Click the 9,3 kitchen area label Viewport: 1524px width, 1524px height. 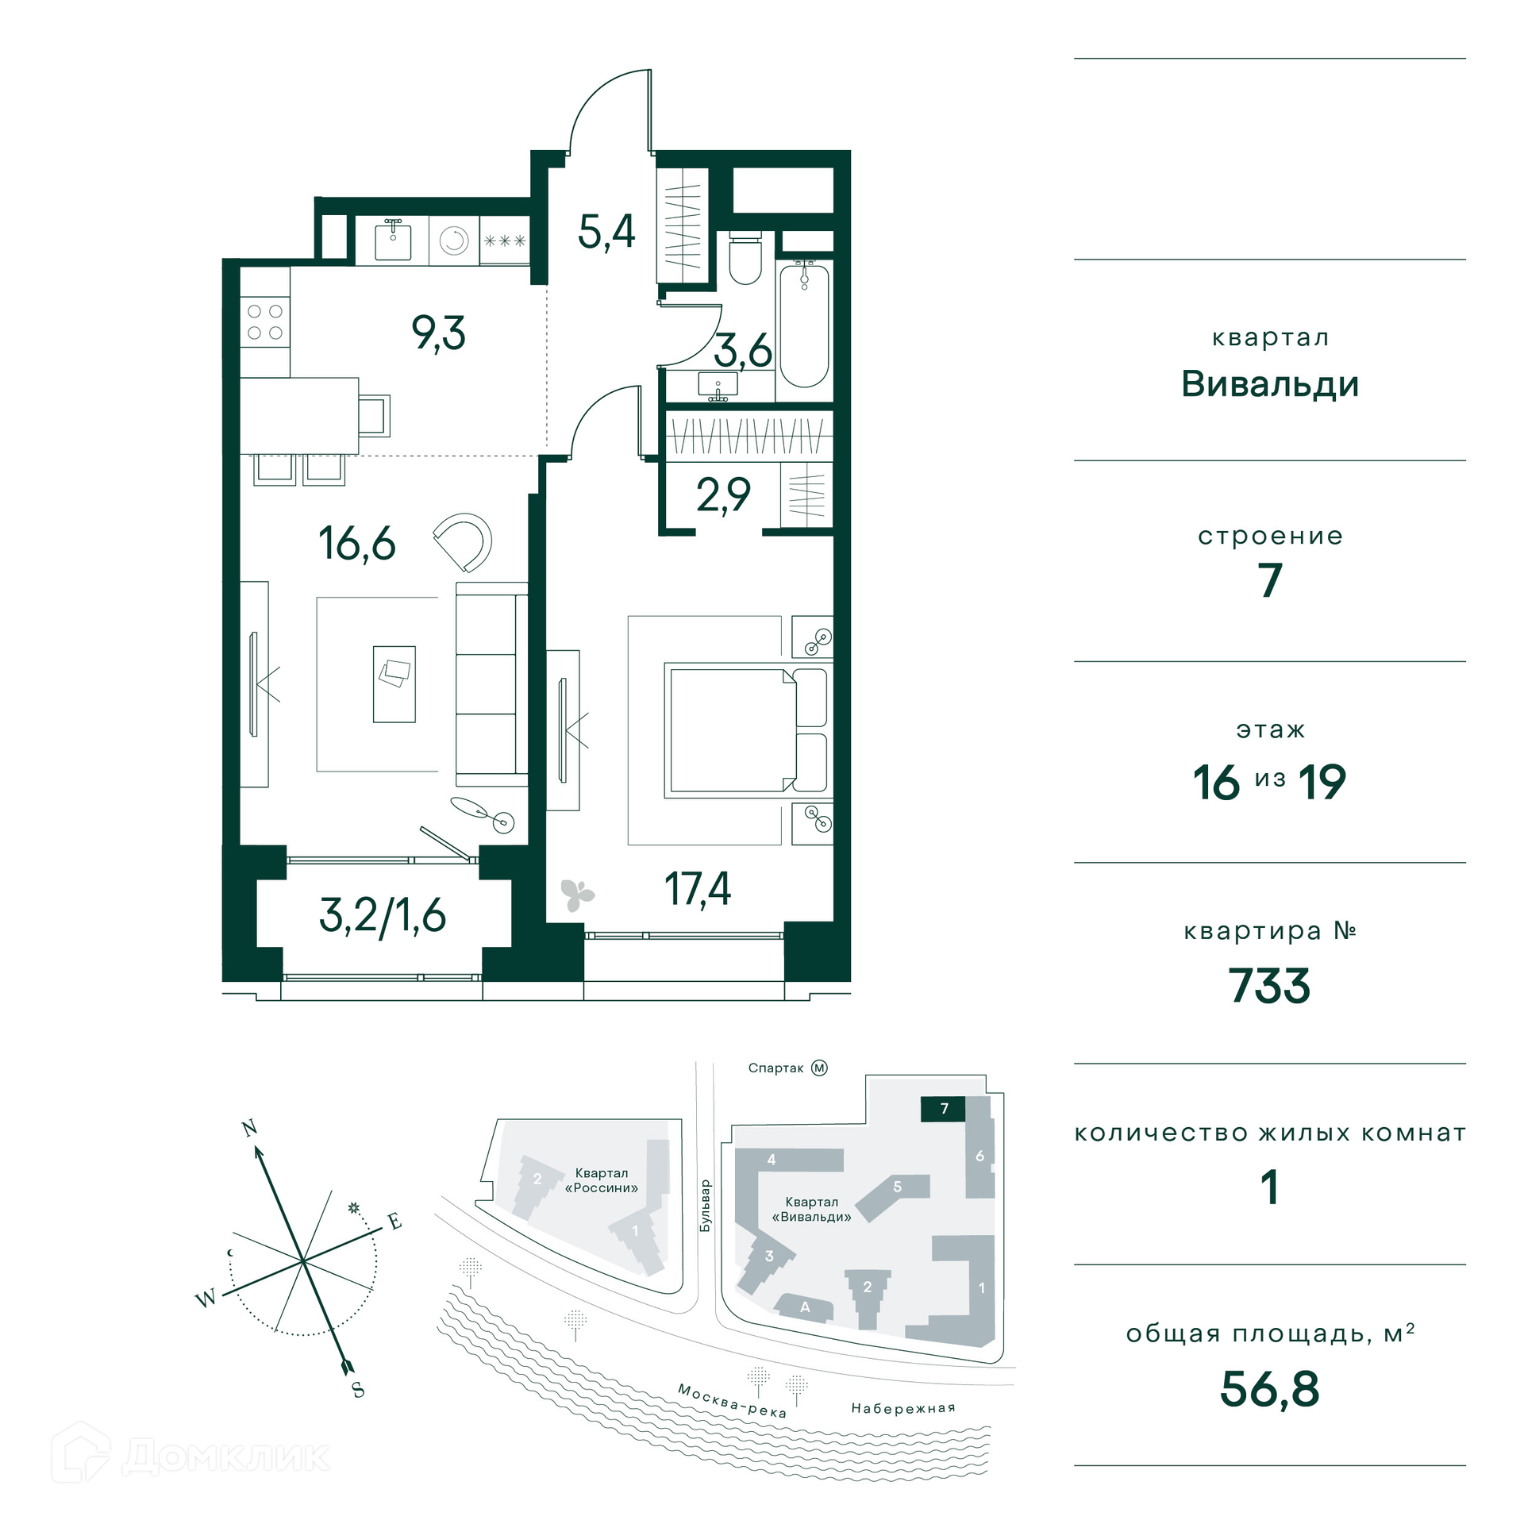click(438, 333)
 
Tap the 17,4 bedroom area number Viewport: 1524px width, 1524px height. click(698, 889)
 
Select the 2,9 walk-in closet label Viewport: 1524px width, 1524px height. click(723, 495)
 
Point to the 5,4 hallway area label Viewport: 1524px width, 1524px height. click(606, 233)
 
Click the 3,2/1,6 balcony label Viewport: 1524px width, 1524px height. click(383, 916)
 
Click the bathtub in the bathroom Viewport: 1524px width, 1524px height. click(804, 325)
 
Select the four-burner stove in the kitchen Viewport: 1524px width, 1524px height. click(265, 321)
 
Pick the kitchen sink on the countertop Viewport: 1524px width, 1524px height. click(393, 241)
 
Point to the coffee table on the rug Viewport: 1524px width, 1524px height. click(394, 683)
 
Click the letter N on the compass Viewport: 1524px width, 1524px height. click(249, 1128)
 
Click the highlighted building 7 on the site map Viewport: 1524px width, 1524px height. click(943, 1109)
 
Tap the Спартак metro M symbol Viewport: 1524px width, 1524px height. click(819, 1068)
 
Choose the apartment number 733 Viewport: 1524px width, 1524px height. click(1269, 986)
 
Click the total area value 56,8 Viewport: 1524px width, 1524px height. click(1269, 1389)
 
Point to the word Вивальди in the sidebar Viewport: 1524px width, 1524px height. click(1270, 384)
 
